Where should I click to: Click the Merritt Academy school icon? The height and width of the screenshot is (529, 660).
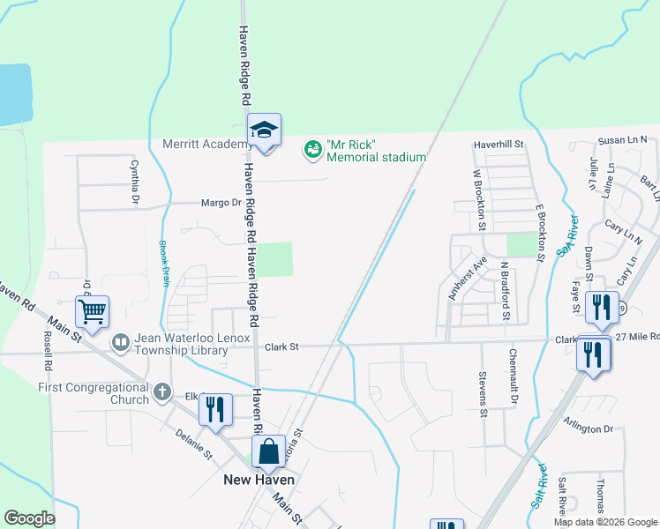click(x=264, y=130)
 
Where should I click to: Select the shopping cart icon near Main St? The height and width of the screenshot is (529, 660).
click(x=92, y=311)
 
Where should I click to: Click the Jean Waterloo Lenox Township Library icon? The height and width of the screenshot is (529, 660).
click(x=121, y=340)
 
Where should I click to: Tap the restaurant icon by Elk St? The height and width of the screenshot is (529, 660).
click(x=215, y=410)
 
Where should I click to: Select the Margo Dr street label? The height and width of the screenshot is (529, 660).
click(x=221, y=202)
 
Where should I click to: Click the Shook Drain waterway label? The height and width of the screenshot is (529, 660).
click(x=163, y=264)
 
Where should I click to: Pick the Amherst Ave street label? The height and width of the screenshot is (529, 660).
click(x=468, y=279)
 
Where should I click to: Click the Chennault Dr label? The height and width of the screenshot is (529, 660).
click(x=513, y=377)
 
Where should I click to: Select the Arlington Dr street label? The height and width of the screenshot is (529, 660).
click(x=589, y=428)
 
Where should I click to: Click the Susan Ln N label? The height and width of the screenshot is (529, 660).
click(x=622, y=140)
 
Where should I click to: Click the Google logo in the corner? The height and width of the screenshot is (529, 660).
click(x=29, y=518)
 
